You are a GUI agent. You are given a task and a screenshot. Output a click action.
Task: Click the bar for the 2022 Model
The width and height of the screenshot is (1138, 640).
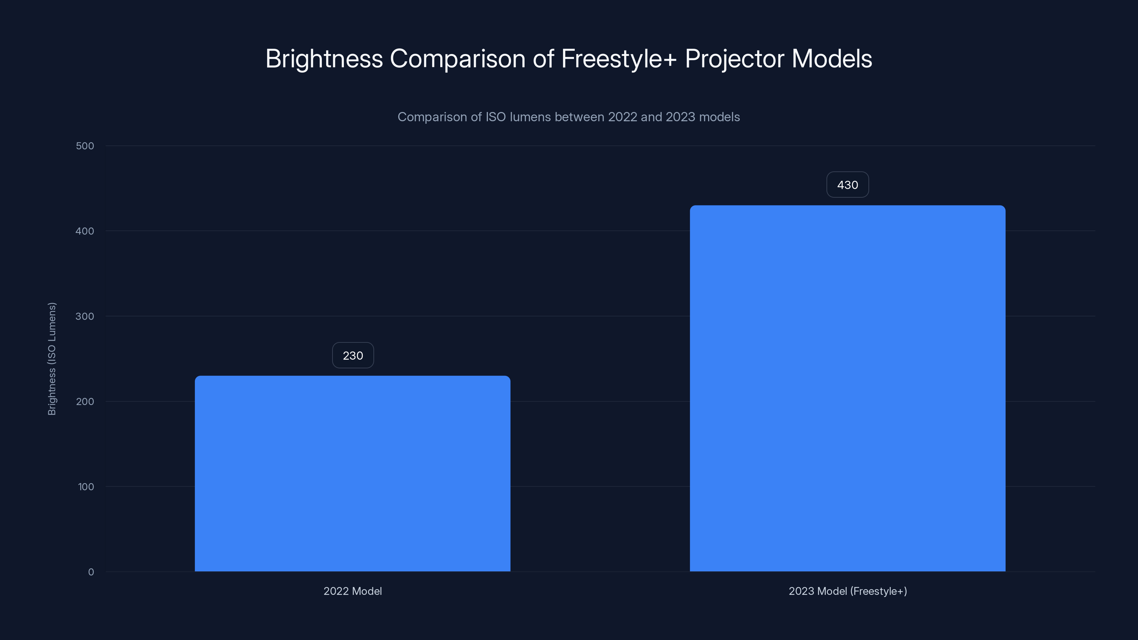352,474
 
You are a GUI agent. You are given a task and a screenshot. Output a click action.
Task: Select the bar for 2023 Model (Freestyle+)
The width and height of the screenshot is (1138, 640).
847,388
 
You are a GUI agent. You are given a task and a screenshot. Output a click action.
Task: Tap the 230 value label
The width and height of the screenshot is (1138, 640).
352,356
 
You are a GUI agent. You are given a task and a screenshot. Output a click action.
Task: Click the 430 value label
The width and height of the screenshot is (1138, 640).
847,185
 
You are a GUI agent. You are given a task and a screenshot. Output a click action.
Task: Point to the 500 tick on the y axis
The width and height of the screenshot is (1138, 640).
85,146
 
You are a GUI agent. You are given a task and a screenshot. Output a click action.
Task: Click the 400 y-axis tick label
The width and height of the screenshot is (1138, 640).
85,231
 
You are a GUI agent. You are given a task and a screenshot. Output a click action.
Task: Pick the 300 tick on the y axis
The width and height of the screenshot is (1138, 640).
85,316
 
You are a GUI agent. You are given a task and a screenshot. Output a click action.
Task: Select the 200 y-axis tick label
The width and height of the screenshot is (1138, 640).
85,401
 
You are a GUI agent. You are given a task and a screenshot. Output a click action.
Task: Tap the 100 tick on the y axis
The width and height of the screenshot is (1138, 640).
86,487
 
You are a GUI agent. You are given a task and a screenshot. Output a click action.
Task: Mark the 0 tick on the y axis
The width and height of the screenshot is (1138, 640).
91,572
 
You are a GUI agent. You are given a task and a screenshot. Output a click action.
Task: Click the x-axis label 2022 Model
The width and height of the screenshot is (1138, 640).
352,591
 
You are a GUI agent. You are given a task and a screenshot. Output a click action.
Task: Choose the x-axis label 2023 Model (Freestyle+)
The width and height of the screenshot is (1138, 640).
847,591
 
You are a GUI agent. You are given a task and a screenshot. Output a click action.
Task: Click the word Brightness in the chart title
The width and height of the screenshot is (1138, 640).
324,59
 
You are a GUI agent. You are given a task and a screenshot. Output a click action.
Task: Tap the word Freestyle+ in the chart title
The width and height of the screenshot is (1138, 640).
618,59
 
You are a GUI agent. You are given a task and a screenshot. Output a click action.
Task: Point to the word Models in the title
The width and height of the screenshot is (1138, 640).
831,59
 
